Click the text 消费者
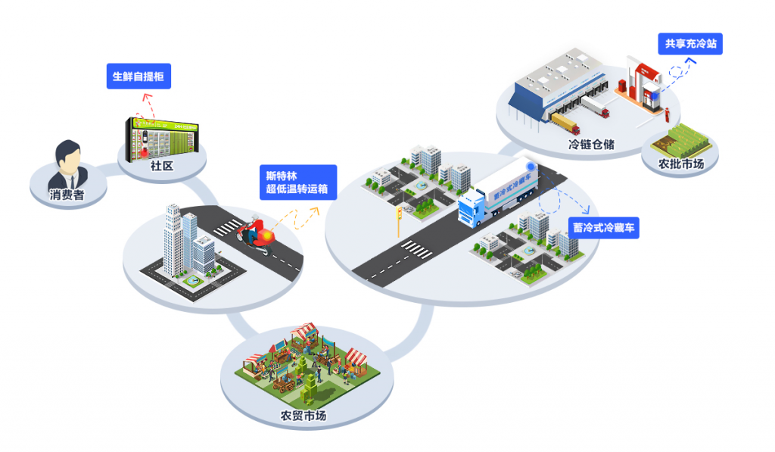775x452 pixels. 67,195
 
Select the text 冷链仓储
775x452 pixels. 591,143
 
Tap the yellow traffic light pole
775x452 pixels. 399,221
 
